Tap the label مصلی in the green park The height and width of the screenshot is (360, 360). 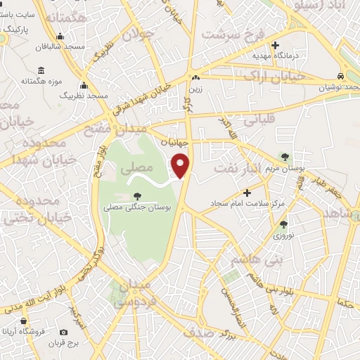136,169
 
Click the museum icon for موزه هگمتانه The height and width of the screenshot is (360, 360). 41,71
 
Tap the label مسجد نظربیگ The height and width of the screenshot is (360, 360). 83,94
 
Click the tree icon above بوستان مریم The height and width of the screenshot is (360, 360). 285,157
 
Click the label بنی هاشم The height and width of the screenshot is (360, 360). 246,259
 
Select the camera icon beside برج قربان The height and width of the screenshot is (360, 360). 64,332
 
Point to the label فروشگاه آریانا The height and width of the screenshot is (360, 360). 28,331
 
